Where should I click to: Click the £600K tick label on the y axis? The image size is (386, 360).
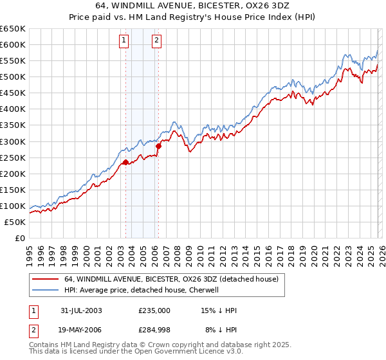pyautogui.click(x=13, y=44)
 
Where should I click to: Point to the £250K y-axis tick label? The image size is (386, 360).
pyautogui.click(x=13, y=157)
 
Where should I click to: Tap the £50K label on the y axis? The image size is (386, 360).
pyautogui.click(x=15, y=222)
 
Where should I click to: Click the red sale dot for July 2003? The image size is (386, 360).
pyautogui.click(x=126, y=162)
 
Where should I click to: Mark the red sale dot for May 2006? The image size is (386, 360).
pyautogui.click(x=158, y=146)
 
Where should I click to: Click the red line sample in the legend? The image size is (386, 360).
pyautogui.click(x=45, y=280)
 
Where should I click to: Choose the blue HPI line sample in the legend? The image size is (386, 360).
pyautogui.click(x=45, y=290)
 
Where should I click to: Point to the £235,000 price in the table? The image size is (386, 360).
pyautogui.click(x=154, y=310)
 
